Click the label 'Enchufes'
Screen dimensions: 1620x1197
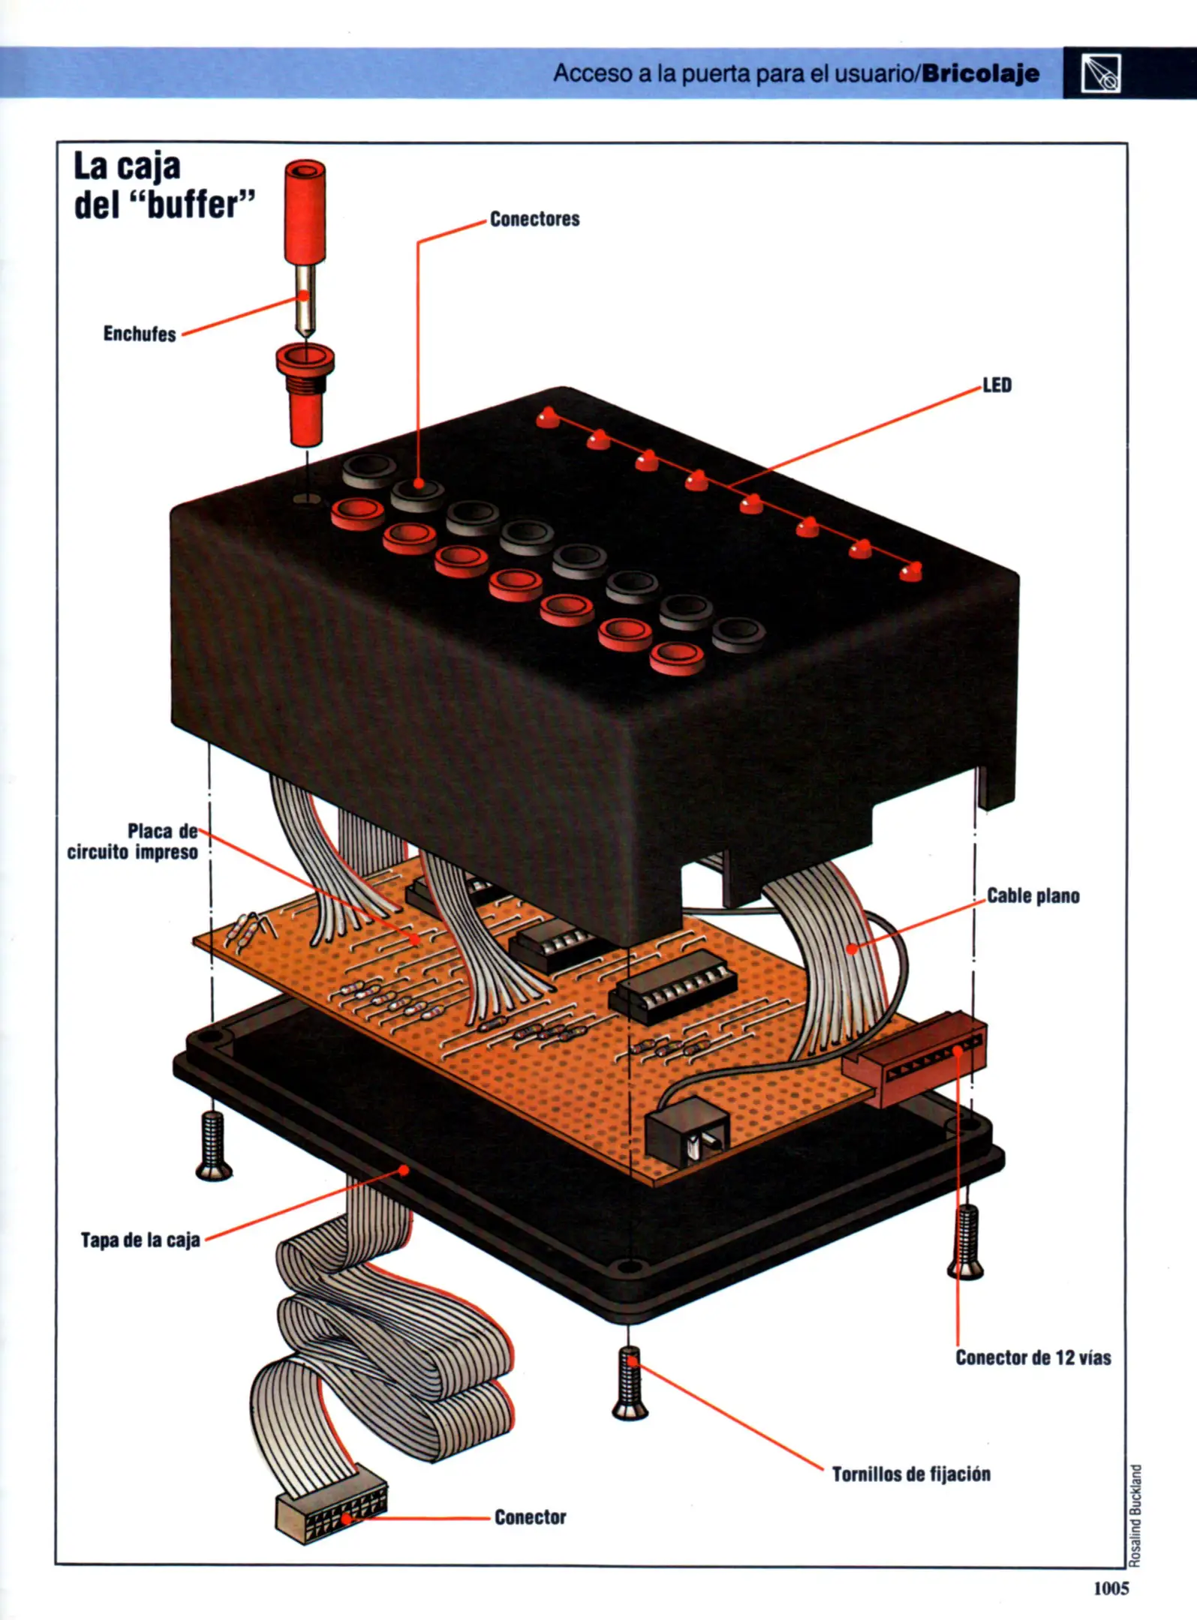[x=140, y=334]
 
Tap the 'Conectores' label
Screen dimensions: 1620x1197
[x=534, y=219]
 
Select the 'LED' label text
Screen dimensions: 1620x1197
[x=997, y=385]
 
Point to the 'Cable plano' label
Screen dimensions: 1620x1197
[x=1033, y=895]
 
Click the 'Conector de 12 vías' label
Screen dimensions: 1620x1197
[x=1033, y=1357]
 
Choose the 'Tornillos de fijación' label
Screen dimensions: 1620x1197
[x=911, y=1474]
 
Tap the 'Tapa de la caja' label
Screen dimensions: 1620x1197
[x=140, y=1240]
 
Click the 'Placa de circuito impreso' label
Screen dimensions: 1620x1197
[x=134, y=841]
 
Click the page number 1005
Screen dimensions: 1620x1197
[x=1111, y=1588]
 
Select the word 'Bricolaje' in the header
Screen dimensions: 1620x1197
[x=981, y=73]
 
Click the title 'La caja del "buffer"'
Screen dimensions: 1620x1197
[x=164, y=185]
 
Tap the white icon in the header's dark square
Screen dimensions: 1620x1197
[x=1101, y=73]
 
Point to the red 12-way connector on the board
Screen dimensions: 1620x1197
[x=916, y=1057]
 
